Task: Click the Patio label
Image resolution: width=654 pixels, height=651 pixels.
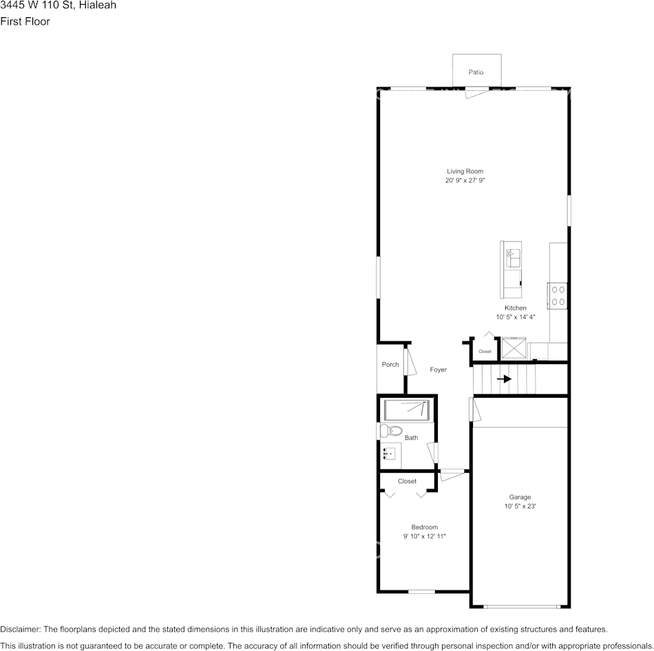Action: [476, 72]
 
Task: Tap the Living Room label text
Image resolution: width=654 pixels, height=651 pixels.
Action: [465, 171]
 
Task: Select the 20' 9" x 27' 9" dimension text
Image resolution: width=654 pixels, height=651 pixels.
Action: [465, 181]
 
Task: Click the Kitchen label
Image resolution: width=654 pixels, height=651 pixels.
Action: [515, 308]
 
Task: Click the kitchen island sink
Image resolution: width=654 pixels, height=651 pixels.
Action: [511, 258]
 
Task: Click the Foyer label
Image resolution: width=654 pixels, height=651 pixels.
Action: [438, 370]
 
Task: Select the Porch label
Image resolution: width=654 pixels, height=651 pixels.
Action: [390, 365]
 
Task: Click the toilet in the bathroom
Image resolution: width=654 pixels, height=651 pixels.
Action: [391, 431]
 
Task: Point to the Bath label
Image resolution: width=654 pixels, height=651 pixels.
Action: [411, 438]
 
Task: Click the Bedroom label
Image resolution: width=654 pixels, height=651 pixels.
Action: [424, 527]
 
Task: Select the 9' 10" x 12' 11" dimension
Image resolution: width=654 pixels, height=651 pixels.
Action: [424, 537]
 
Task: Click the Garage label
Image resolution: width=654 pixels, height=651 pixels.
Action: [520, 497]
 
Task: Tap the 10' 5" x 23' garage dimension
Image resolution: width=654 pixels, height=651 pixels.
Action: [520, 506]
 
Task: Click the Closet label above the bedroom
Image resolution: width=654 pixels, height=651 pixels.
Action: [407, 481]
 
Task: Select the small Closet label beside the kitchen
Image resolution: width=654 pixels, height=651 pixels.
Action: [485, 352]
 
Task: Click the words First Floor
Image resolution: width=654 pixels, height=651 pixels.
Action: [25, 21]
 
